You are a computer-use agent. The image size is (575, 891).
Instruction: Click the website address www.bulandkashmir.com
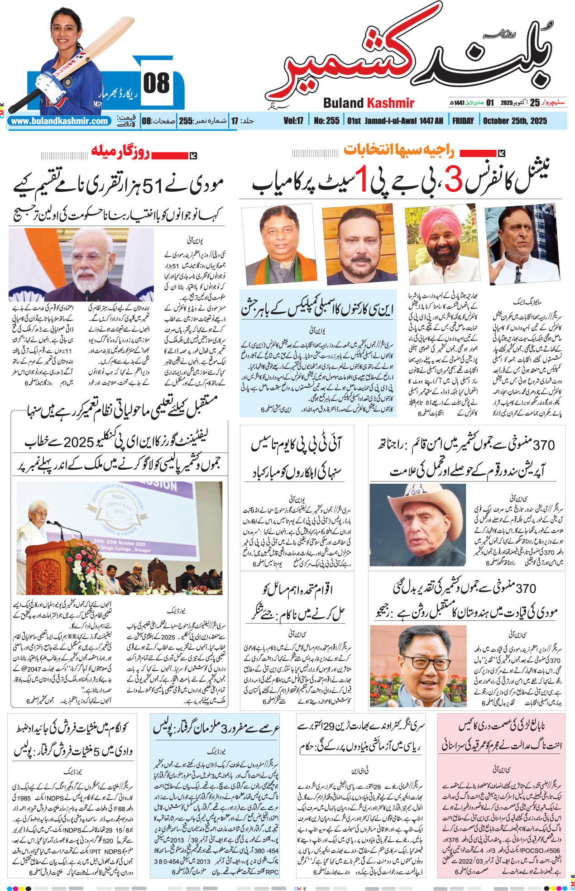click(x=59, y=121)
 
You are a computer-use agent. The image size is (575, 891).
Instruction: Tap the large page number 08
click(x=156, y=84)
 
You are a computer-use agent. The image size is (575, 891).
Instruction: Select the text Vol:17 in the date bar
click(x=293, y=121)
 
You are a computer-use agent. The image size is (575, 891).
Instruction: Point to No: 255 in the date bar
click(x=326, y=121)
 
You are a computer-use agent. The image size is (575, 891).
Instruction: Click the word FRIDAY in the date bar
click(x=463, y=121)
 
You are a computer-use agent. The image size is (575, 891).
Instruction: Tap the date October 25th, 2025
click(x=515, y=121)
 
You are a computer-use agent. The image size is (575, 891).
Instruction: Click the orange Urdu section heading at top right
click(x=398, y=150)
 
